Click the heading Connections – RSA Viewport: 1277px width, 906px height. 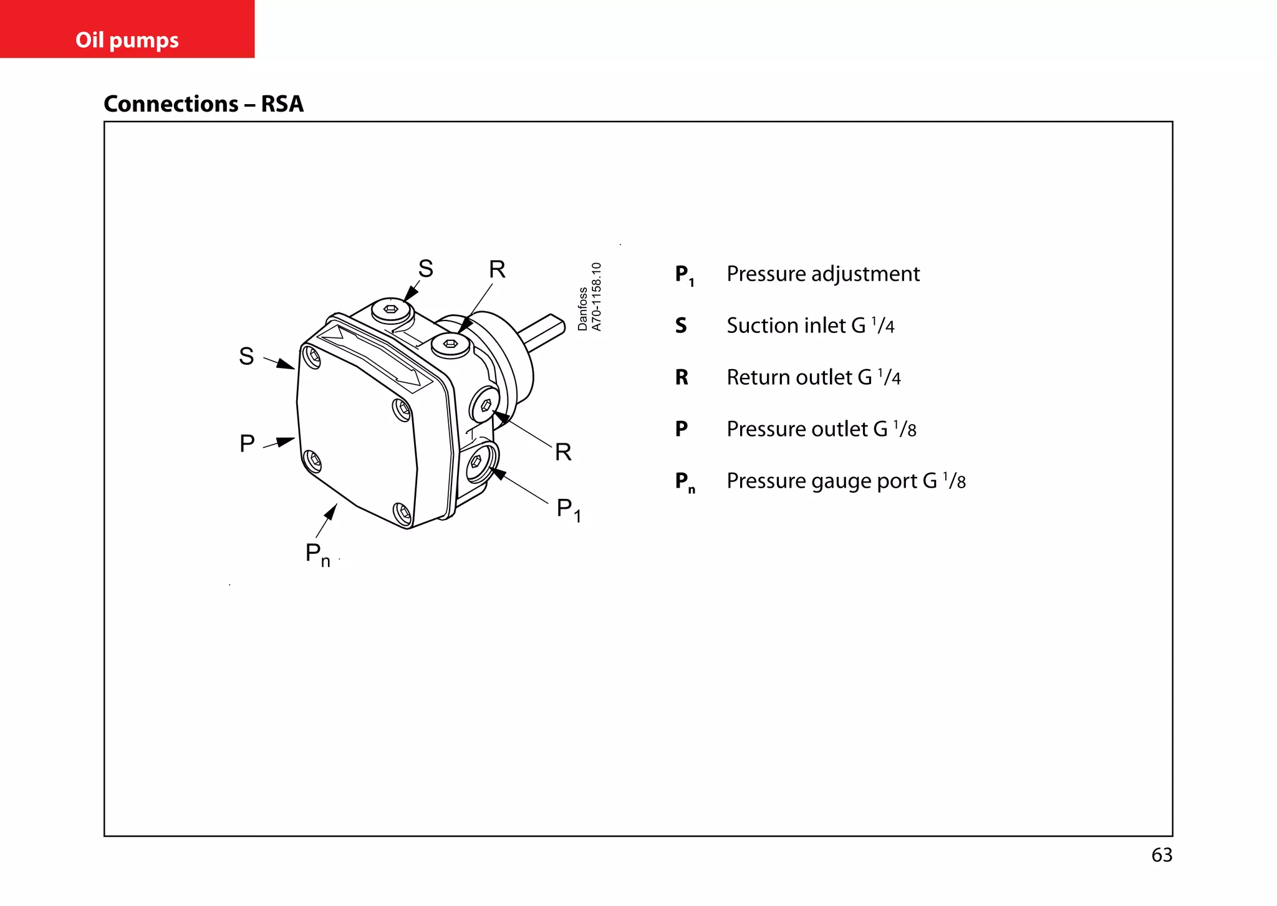(x=203, y=104)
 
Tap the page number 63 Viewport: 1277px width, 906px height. (x=1162, y=855)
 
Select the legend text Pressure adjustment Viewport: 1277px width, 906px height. (x=822, y=274)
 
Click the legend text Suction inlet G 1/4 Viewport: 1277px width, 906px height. (x=810, y=325)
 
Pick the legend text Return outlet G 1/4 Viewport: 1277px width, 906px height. (x=813, y=377)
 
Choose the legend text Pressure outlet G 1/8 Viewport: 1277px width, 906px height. (x=821, y=429)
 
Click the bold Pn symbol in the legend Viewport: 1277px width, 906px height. (x=684, y=482)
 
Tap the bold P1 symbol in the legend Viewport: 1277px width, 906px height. (x=684, y=275)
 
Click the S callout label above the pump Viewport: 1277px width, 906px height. (x=425, y=269)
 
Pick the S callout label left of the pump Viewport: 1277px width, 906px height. (x=246, y=356)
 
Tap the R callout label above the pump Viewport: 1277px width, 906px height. (x=497, y=269)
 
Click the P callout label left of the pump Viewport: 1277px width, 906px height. (x=247, y=443)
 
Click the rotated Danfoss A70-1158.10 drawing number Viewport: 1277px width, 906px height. (x=589, y=297)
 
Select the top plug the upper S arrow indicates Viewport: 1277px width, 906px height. (x=391, y=309)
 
